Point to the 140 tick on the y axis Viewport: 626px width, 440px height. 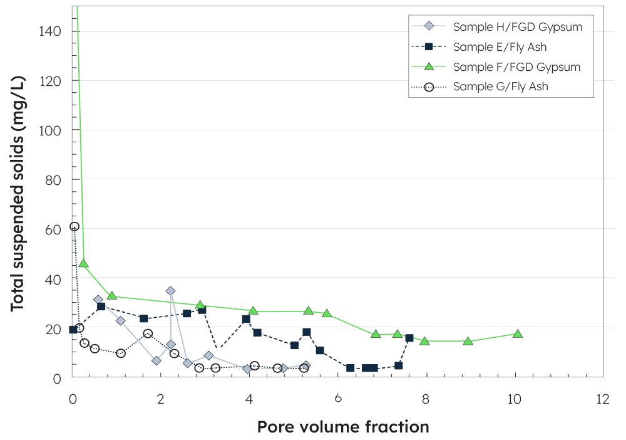[53, 31]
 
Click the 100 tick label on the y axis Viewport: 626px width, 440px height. [53, 130]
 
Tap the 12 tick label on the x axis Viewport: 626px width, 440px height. [603, 399]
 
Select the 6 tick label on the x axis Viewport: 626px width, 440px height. [338, 399]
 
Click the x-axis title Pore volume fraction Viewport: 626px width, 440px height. [343, 427]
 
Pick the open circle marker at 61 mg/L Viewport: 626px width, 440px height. [74, 226]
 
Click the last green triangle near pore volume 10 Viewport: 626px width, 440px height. [518, 334]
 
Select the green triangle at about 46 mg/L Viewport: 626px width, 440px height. [83, 263]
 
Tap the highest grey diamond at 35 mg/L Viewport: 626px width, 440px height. [170, 291]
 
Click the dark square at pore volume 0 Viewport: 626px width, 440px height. [73, 330]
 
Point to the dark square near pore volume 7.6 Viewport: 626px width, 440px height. [409, 338]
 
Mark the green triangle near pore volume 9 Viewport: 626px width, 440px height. [468, 341]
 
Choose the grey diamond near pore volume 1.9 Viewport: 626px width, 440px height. [156, 360]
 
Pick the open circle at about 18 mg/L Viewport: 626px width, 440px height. [148, 333]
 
